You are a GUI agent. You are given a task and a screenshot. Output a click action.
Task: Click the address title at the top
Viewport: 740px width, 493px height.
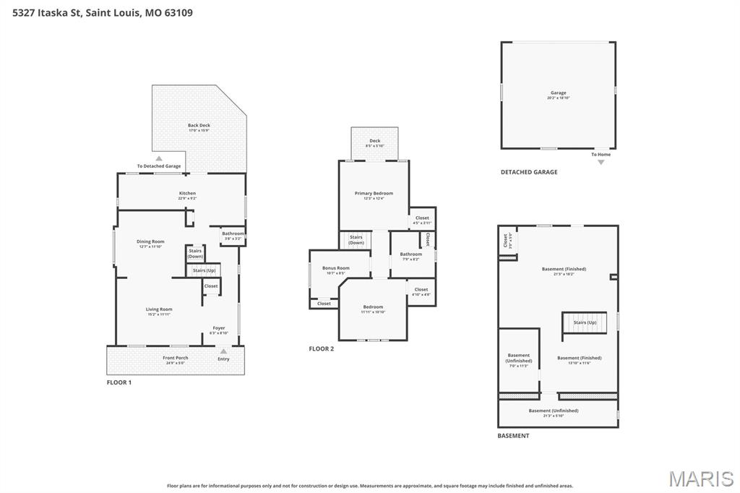[103, 12]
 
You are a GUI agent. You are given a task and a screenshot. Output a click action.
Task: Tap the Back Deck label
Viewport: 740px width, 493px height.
[199, 127]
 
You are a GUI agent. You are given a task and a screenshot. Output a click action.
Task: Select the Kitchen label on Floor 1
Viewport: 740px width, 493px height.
[187, 195]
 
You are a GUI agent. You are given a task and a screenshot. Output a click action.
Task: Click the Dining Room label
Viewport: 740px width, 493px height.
[152, 243]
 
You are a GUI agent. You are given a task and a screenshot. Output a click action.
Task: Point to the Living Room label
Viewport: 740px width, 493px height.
[159, 311]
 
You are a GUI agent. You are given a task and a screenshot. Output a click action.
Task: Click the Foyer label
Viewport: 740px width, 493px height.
[218, 330]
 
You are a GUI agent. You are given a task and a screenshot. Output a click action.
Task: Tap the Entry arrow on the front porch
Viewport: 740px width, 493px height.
[223, 352]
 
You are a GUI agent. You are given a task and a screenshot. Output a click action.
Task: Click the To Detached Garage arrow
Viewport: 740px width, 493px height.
[159, 158]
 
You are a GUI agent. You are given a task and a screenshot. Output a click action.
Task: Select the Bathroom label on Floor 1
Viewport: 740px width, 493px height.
[233, 235]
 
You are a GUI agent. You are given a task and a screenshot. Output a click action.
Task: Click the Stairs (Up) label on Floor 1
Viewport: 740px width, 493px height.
[204, 270]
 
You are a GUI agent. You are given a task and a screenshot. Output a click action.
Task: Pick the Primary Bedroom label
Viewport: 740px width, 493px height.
[374, 194]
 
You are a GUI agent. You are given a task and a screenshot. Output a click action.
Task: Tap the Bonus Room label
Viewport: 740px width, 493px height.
[335, 270]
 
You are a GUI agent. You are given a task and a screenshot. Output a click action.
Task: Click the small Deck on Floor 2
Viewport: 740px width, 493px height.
[374, 142]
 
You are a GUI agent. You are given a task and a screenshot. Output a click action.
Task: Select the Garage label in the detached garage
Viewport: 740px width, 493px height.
[558, 94]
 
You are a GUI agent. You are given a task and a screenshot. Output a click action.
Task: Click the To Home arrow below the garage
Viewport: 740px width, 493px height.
[601, 162]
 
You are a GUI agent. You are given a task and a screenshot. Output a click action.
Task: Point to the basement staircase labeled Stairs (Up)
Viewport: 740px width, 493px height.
[585, 322]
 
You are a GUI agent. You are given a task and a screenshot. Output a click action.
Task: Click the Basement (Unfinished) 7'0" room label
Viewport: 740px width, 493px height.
[518, 359]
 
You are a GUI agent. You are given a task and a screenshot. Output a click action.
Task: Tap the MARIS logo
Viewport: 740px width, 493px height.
[700, 479]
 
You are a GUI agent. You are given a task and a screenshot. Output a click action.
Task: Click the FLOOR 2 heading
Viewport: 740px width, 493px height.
[322, 348]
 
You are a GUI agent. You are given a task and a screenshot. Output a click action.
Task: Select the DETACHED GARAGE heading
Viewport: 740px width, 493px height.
[529, 172]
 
